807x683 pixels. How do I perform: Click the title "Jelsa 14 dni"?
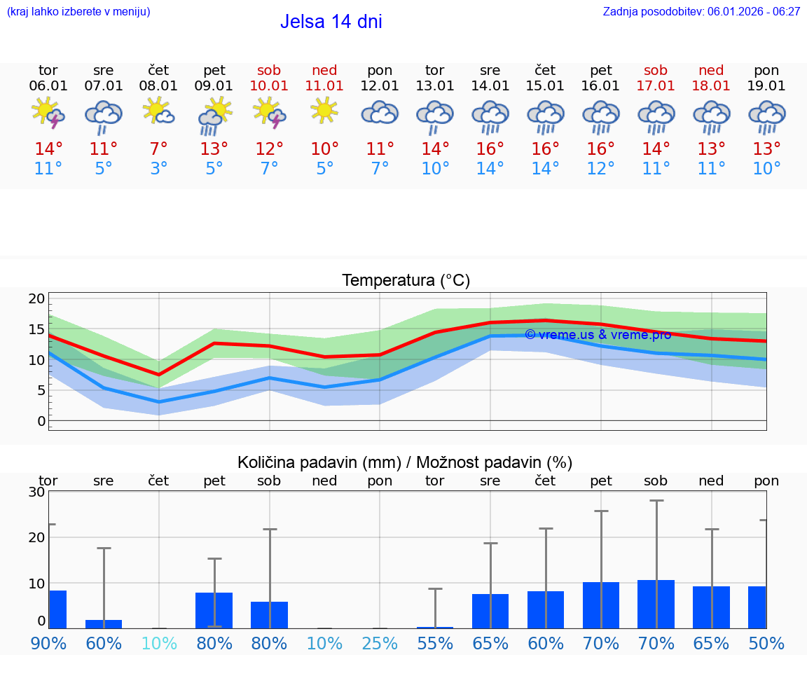coord(331,22)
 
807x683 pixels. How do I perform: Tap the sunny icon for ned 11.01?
coord(324,111)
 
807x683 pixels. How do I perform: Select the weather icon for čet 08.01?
coord(158,111)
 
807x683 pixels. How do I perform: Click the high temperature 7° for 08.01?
coord(158,149)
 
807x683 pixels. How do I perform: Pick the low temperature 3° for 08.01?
coord(158,169)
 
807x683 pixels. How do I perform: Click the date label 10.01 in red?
coord(269,86)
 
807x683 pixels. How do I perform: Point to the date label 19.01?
coord(766,86)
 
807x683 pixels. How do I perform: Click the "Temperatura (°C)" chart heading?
coord(406,281)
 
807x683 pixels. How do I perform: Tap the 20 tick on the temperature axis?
coord(36,299)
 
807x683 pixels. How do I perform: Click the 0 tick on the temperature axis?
coord(41,421)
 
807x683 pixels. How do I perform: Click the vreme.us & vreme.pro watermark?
coord(598,335)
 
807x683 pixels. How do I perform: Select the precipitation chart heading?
coord(405,462)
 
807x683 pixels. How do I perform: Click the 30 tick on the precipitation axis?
coord(36,492)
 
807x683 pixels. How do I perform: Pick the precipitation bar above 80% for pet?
coord(214,610)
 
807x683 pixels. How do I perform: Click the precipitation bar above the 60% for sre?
coord(104,623)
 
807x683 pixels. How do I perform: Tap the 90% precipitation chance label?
coord(48,643)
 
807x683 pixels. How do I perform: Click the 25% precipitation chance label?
coord(380,643)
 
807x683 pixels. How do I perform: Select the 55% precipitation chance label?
coord(435,643)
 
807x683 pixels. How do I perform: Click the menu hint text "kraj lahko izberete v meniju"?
coord(78,11)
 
